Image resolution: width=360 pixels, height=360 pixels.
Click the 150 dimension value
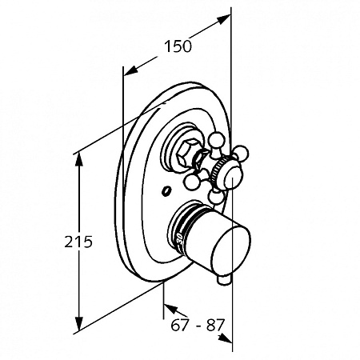[178, 46]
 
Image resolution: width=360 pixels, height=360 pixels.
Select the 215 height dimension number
[78, 242]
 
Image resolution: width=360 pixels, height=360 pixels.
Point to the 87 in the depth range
[214, 325]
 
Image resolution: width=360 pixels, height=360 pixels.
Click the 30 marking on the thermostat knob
[179, 238]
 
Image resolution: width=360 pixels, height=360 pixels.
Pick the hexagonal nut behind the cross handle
[187, 154]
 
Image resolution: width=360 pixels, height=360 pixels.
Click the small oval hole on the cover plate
[166, 191]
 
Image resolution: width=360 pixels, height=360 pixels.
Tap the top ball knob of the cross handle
[217, 140]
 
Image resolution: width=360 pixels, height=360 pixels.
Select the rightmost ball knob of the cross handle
[241, 153]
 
